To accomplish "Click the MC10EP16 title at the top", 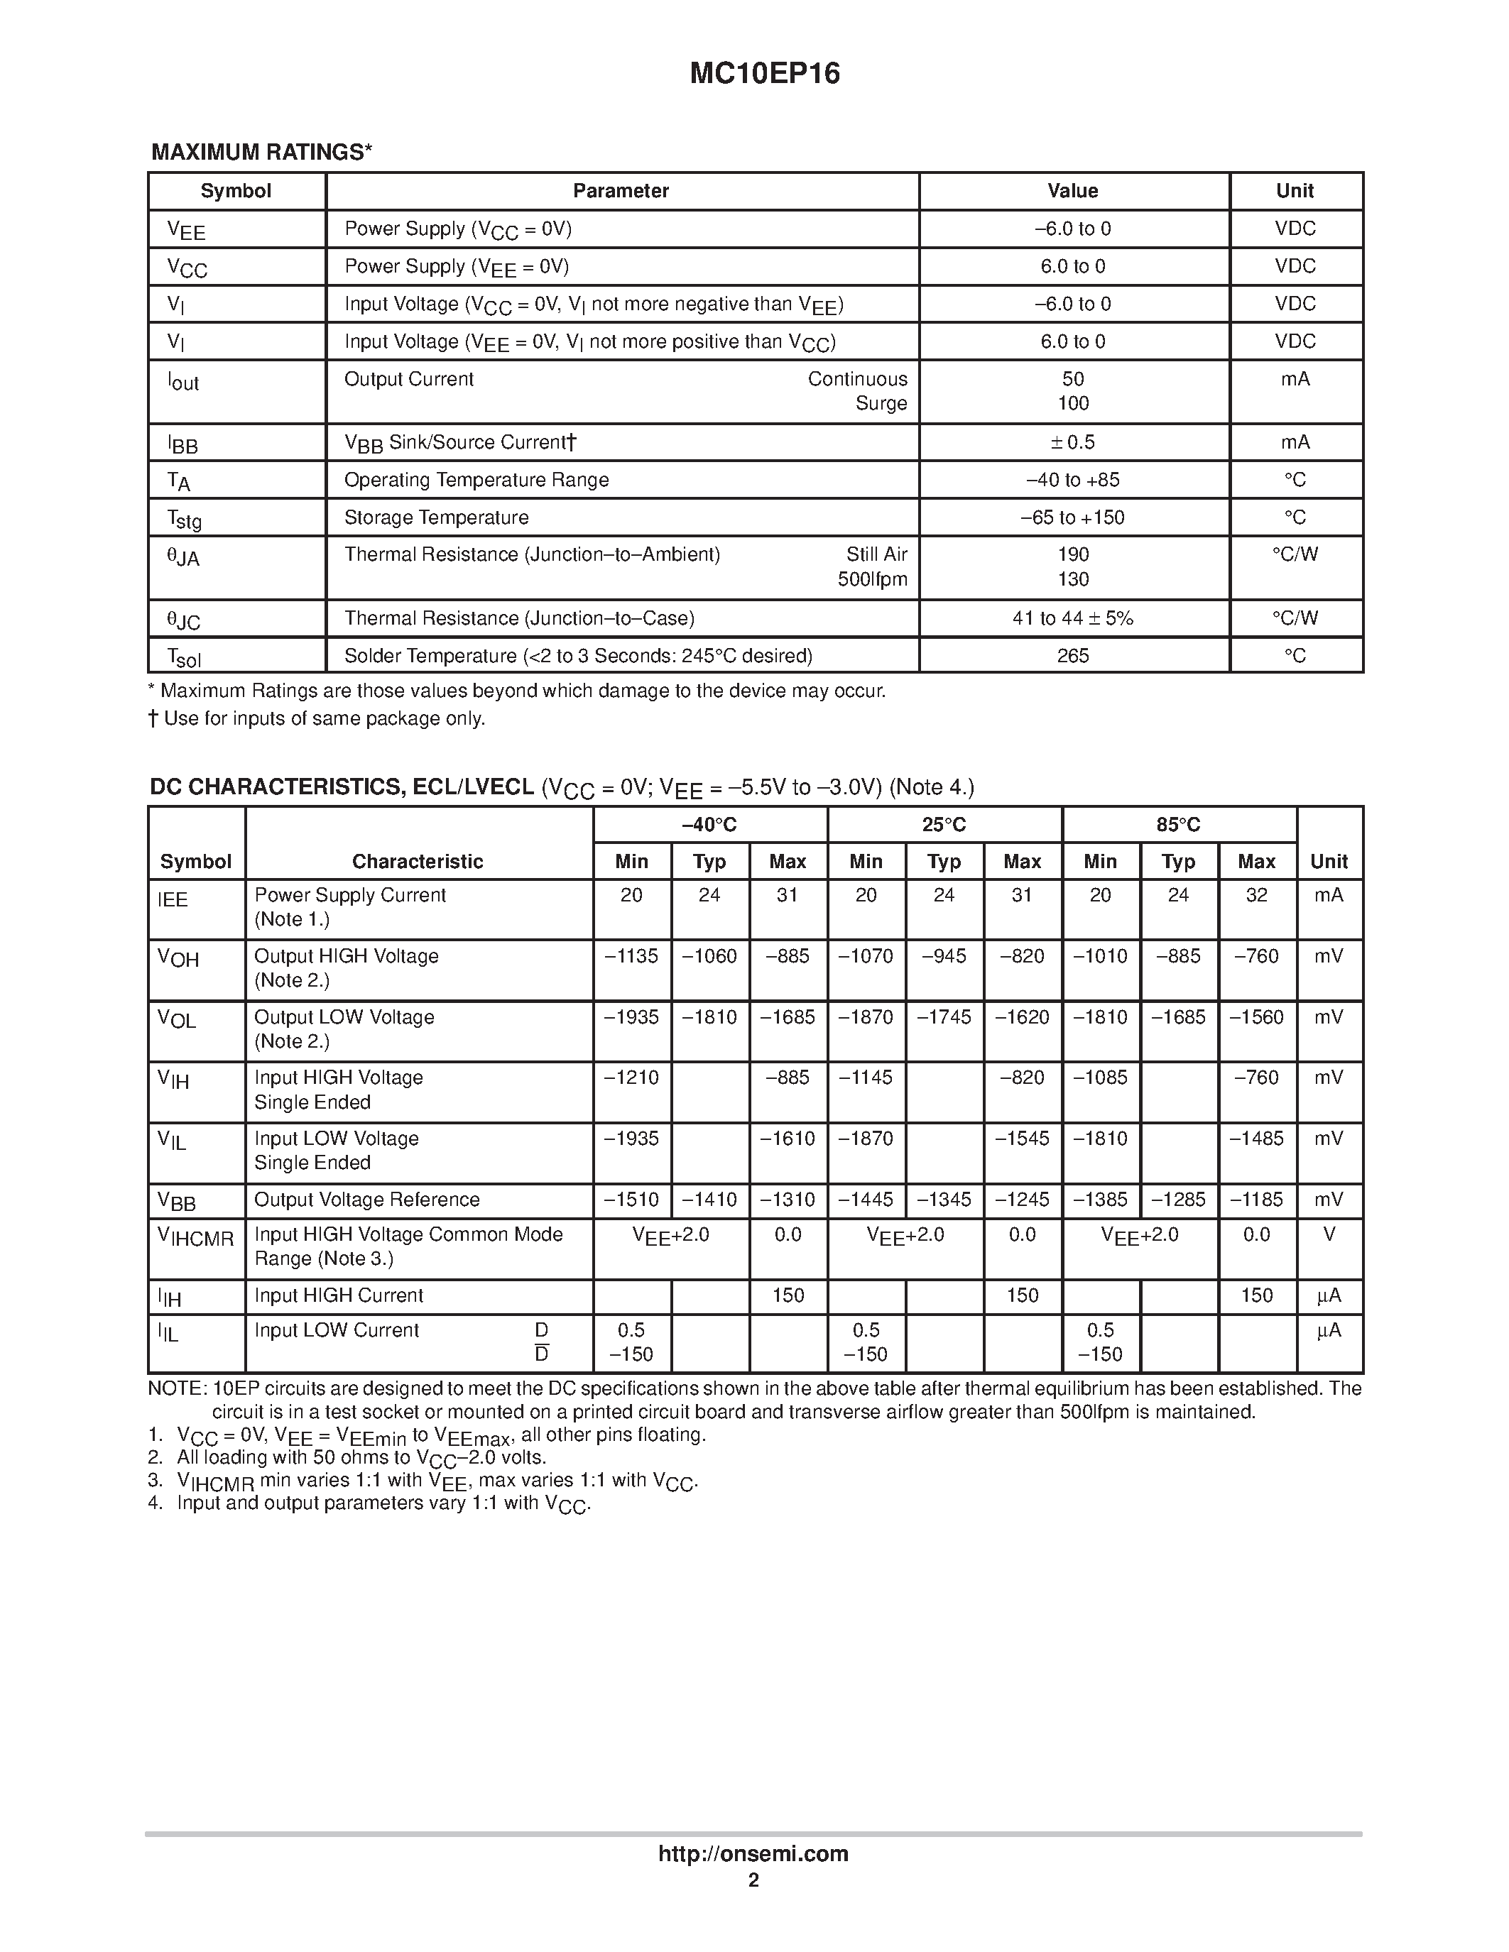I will tap(764, 73).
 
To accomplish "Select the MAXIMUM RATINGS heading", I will tap(261, 152).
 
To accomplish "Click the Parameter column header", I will tap(621, 191).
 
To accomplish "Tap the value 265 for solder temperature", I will tap(1073, 656).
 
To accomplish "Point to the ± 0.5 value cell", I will tap(1073, 442).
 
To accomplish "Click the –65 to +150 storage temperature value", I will tap(1073, 517).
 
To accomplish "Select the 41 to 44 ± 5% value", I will tap(1073, 618).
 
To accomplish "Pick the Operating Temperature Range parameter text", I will tap(476, 480).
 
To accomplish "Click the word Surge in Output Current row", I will tap(881, 403).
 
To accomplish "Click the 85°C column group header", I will tap(1178, 825).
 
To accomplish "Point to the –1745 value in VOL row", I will tap(943, 1017).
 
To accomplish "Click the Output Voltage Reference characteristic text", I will tap(366, 1200).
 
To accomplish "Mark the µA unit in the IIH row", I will tap(1329, 1296).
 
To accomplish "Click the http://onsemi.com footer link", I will tap(753, 1853).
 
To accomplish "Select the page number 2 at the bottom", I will tap(753, 1880).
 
